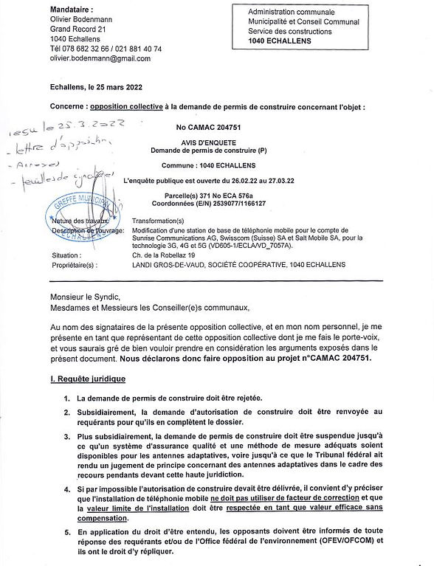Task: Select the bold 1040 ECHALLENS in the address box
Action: pyautogui.click(x=280, y=41)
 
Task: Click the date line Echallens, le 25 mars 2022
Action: pyautogui.click(x=95, y=87)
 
